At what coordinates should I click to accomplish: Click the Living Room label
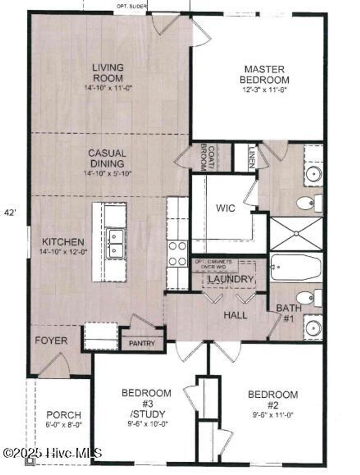(108, 72)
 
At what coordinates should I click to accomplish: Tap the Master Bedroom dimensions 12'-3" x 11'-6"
(265, 90)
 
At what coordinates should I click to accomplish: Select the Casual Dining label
(107, 158)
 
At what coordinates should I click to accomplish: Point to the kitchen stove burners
(177, 254)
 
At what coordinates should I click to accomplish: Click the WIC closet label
(225, 208)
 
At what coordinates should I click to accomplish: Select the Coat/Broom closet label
(203, 157)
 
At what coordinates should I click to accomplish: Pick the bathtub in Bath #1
(296, 268)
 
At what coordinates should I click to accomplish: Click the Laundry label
(231, 279)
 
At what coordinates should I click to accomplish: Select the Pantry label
(142, 343)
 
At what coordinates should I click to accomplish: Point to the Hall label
(235, 315)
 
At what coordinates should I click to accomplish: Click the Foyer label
(51, 340)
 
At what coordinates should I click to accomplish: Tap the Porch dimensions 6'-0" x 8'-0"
(64, 424)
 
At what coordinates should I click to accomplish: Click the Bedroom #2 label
(273, 399)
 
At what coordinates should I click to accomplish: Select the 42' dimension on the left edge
(10, 212)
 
